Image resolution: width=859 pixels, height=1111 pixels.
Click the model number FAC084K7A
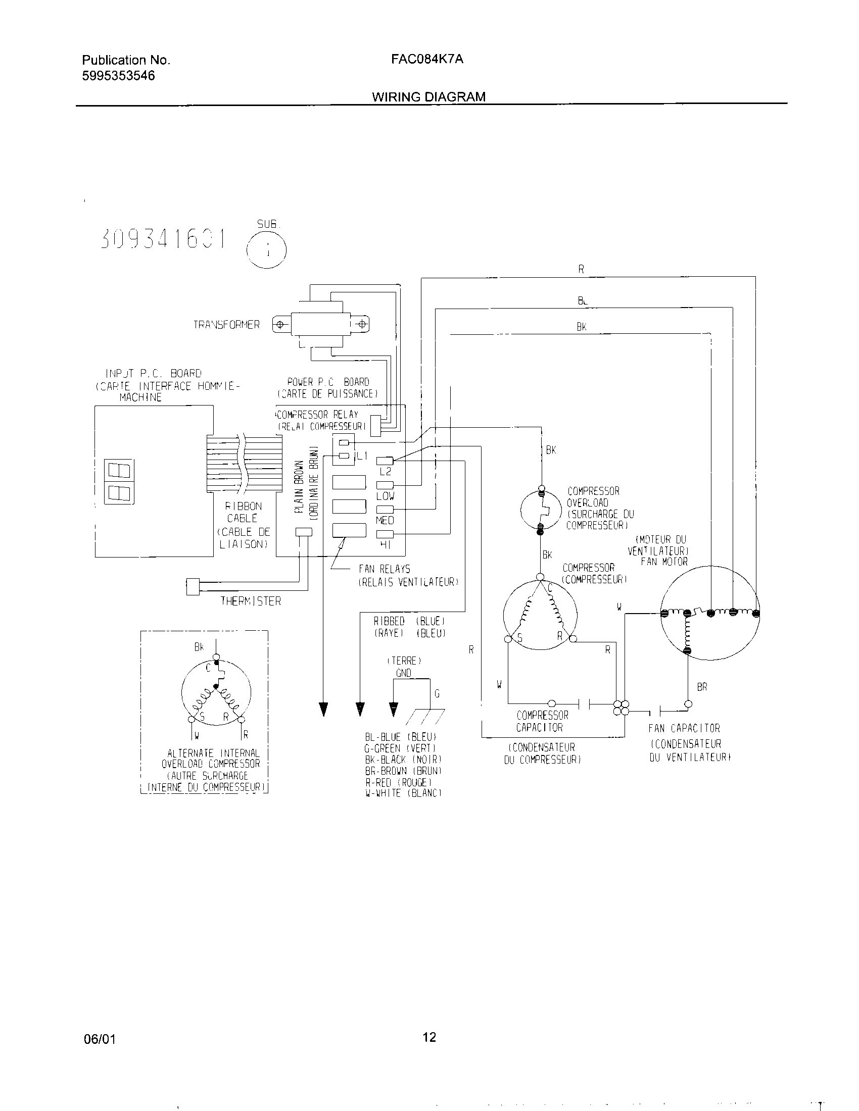click(x=427, y=59)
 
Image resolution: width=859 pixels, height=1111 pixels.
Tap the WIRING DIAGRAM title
click(x=428, y=96)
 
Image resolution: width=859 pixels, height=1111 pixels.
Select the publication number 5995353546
click(x=118, y=76)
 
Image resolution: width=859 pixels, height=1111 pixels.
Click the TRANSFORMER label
click(x=226, y=325)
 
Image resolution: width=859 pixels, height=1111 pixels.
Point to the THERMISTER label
click(x=250, y=601)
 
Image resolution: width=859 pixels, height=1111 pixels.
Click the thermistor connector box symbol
click(x=193, y=586)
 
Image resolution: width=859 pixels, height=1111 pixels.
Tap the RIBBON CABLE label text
click(x=243, y=512)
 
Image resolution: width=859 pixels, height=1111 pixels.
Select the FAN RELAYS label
click(x=384, y=569)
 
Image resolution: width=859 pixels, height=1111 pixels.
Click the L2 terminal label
click(x=385, y=472)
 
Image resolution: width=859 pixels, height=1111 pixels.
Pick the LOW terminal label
click(x=385, y=496)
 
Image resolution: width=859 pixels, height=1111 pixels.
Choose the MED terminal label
click(x=385, y=520)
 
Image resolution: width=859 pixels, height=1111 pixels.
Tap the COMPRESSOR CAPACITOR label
click(x=542, y=721)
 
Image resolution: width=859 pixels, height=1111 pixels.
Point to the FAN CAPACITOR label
click(x=684, y=728)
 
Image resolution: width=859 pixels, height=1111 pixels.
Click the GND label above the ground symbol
click(x=404, y=673)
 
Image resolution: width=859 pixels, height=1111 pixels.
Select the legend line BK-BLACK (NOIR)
click(x=400, y=760)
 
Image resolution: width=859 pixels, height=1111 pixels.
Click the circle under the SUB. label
click(x=266, y=249)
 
